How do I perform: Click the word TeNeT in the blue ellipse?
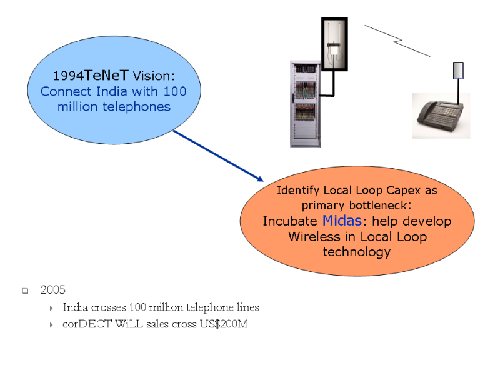click(106, 75)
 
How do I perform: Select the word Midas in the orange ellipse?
click(342, 221)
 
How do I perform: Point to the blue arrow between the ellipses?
click(219, 156)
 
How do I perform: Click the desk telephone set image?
click(440, 116)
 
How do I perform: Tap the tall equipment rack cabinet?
click(305, 104)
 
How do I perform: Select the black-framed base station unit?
click(334, 44)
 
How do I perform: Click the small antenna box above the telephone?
click(458, 69)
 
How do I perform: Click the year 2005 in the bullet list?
click(52, 290)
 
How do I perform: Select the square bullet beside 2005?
click(26, 291)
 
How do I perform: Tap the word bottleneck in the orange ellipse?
click(379, 205)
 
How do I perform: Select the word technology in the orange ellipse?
click(356, 252)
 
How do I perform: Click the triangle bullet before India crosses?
click(51, 308)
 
